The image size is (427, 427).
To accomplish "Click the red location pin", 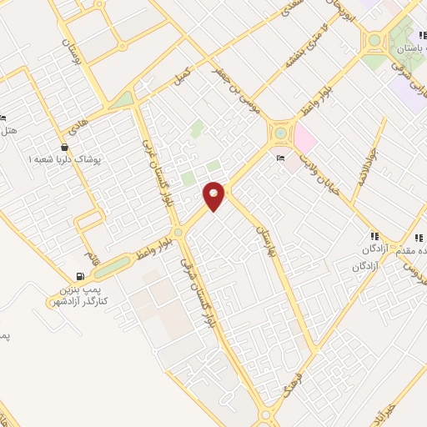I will click(x=214, y=195).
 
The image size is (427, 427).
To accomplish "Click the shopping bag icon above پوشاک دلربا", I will click(x=64, y=147).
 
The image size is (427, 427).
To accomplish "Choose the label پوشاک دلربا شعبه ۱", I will click(x=64, y=158).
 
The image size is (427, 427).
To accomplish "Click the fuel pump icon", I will click(x=80, y=276).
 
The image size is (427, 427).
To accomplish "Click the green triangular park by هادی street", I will click(x=124, y=100).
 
